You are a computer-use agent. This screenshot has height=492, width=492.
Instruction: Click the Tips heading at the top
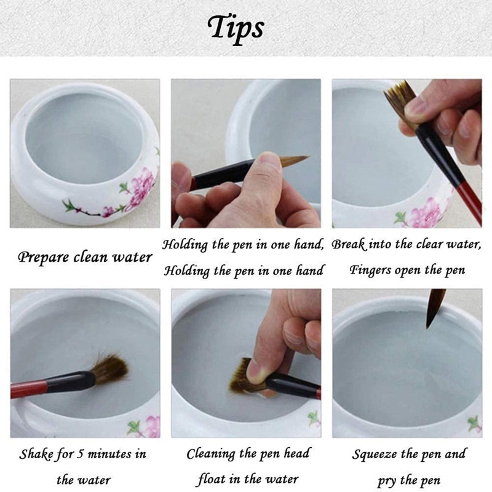tap(236, 28)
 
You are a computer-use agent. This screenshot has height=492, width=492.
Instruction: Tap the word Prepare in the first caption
tap(43, 258)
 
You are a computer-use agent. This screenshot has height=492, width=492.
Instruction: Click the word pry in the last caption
tap(387, 481)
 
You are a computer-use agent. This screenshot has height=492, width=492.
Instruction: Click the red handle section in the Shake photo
tap(28, 389)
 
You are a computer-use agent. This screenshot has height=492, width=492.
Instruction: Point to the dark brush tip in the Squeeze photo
tap(435, 308)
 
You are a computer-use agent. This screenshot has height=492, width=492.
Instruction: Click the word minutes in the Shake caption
tap(109, 454)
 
